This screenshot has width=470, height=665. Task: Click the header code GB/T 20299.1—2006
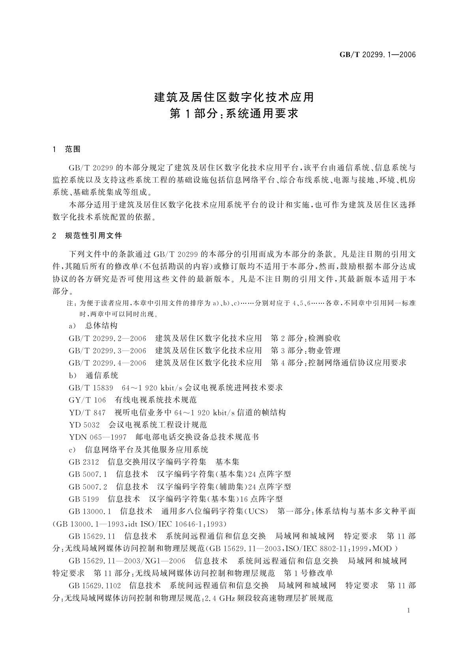click(x=378, y=55)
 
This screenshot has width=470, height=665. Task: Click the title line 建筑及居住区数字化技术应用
click(x=234, y=96)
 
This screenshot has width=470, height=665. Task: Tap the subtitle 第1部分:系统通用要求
click(x=234, y=114)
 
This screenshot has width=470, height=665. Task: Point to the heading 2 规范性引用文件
click(x=87, y=236)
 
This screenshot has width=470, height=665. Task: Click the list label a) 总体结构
click(x=93, y=326)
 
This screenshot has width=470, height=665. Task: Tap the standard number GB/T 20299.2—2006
click(x=107, y=338)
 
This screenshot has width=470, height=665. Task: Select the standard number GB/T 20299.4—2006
click(x=107, y=363)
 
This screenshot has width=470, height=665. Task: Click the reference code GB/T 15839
click(x=91, y=388)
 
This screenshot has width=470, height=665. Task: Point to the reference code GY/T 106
click(x=87, y=400)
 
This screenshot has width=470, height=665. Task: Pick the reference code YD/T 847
click(x=87, y=413)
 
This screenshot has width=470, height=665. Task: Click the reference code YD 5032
click(x=84, y=425)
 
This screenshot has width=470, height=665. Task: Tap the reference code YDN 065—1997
click(x=97, y=437)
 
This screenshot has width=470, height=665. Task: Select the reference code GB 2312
click(x=84, y=462)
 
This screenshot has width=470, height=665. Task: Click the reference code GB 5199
click(x=84, y=499)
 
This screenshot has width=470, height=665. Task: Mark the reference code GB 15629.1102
click(x=95, y=585)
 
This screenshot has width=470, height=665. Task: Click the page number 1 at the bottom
click(x=408, y=611)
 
